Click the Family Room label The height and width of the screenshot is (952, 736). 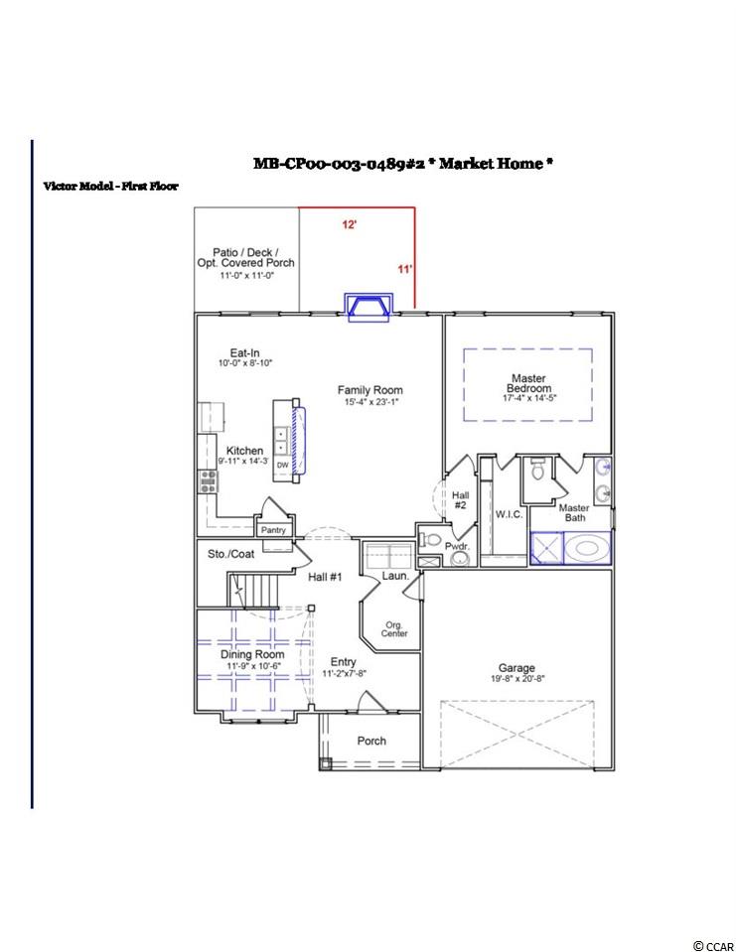tap(369, 390)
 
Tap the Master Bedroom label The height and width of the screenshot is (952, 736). tap(528, 383)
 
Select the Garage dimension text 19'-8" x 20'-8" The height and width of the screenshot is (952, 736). tap(517, 679)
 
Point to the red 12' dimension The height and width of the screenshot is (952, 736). tap(350, 224)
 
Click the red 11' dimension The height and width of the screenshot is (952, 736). tap(405, 269)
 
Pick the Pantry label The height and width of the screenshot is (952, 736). tap(273, 530)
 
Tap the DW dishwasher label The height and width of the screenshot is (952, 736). tap(282, 465)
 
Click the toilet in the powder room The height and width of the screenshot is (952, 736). tap(430, 539)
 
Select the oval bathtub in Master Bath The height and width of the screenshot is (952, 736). tap(587, 549)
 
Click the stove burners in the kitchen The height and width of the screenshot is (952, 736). tap(209, 481)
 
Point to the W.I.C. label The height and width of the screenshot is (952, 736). tap(509, 514)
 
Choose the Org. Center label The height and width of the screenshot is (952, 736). tap(394, 629)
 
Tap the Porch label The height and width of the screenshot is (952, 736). tap(371, 741)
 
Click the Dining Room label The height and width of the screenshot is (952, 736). tap(252, 654)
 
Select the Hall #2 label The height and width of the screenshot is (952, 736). tap(460, 499)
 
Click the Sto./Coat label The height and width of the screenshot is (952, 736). tap(230, 554)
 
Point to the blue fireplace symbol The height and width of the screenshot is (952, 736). tap(368, 307)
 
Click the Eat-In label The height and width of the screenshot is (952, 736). tap(244, 352)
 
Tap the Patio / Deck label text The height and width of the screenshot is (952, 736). tap(245, 252)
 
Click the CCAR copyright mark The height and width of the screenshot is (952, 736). tap(713, 946)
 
